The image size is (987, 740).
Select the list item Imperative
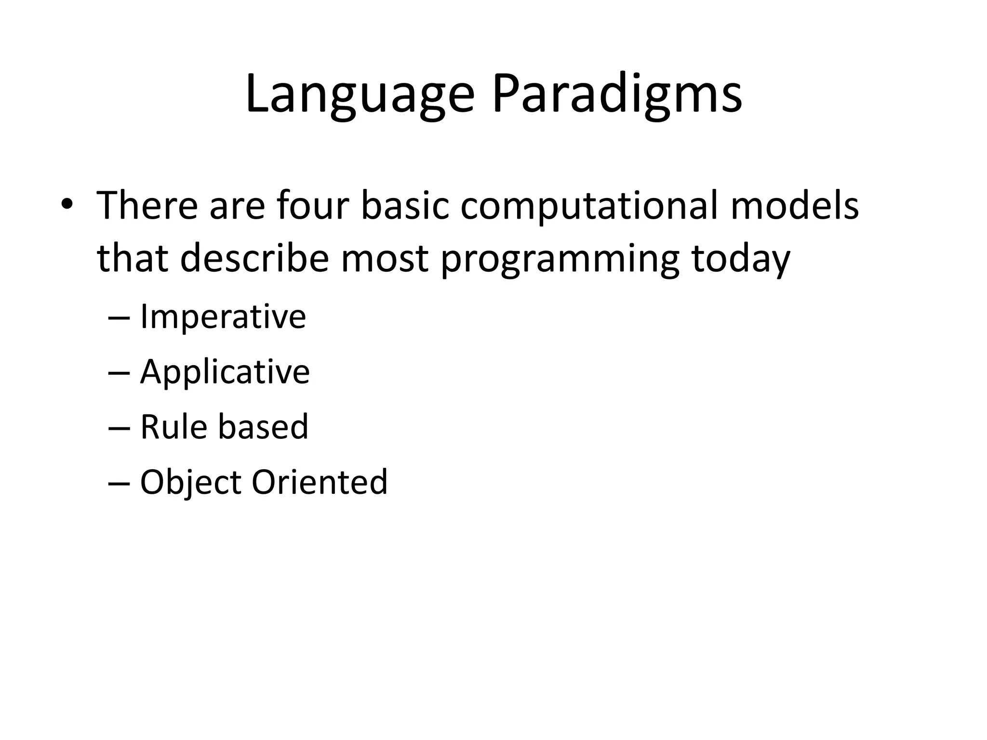[223, 317]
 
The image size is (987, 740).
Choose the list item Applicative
[225, 372]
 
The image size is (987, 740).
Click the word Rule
[173, 426]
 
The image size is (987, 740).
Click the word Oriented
[320, 482]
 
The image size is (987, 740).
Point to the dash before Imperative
[120, 318]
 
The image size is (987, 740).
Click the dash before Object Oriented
[120, 483]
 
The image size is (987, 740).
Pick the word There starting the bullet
[147, 205]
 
